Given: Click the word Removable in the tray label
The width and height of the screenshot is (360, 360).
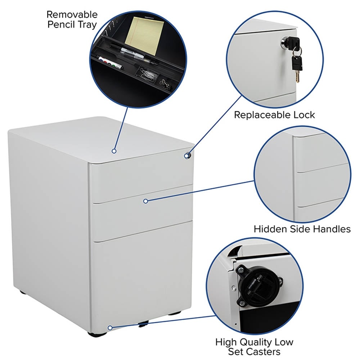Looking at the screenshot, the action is (x=72, y=14).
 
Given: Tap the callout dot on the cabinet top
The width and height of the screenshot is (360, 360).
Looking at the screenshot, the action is (x=114, y=151).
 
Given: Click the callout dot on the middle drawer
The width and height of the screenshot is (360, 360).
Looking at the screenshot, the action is (x=145, y=201).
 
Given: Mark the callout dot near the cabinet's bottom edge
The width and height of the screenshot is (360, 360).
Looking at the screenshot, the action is (x=110, y=328).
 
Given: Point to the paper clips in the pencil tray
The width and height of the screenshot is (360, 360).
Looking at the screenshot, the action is (x=148, y=75).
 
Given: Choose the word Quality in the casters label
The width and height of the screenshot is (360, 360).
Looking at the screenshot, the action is (x=259, y=342).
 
